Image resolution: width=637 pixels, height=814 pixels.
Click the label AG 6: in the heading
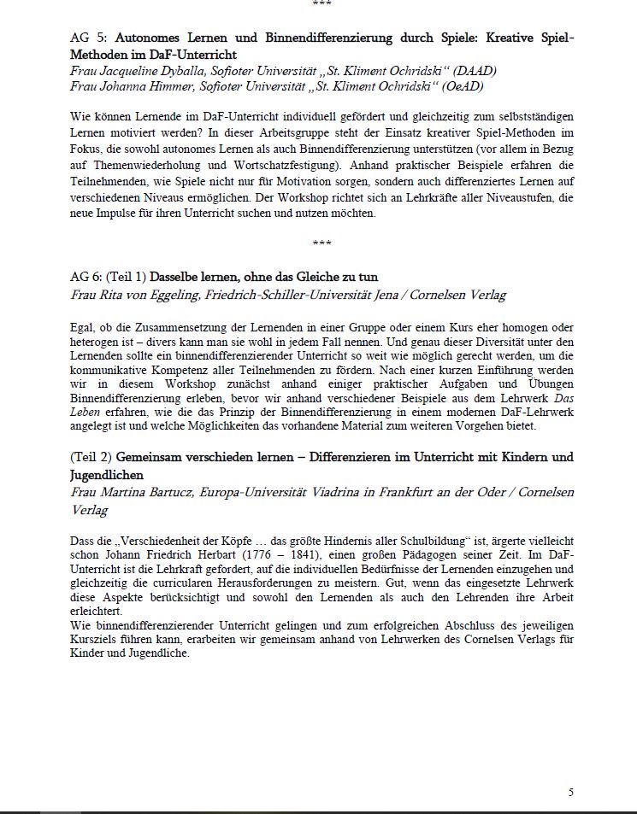pos(86,277)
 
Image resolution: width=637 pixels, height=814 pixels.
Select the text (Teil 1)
pos(127,277)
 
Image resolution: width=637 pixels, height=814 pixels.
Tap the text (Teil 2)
pos(91,457)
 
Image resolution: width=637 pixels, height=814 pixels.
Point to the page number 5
pos(571,793)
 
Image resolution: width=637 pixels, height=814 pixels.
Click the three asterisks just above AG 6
pos(322,243)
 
